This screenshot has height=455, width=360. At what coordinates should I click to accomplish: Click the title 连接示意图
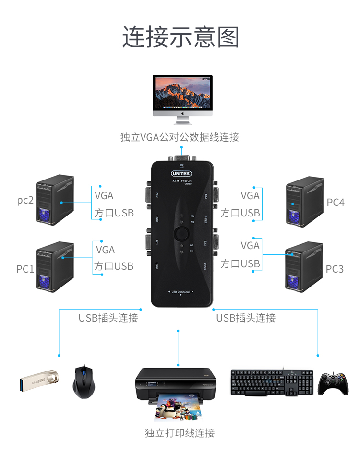click(x=180, y=37)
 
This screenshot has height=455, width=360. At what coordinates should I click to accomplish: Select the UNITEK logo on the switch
click(x=181, y=173)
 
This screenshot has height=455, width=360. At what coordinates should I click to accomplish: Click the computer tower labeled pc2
click(x=55, y=200)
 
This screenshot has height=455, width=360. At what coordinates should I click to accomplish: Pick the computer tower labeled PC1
click(x=55, y=267)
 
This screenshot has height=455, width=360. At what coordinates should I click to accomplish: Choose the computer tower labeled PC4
click(x=304, y=202)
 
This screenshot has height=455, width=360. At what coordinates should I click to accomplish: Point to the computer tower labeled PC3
click(x=304, y=267)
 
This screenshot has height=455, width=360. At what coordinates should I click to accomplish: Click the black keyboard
click(x=271, y=383)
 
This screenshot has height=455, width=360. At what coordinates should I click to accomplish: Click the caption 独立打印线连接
click(x=180, y=433)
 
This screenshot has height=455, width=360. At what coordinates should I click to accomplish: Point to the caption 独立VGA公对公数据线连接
click(x=180, y=137)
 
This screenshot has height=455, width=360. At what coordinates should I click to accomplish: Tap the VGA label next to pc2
click(x=104, y=195)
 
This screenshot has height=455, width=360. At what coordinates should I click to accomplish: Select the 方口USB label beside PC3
click(x=240, y=263)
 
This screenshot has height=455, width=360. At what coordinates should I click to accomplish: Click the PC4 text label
click(x=336, y=203)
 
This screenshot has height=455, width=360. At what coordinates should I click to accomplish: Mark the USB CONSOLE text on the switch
click(x=180, y=291)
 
